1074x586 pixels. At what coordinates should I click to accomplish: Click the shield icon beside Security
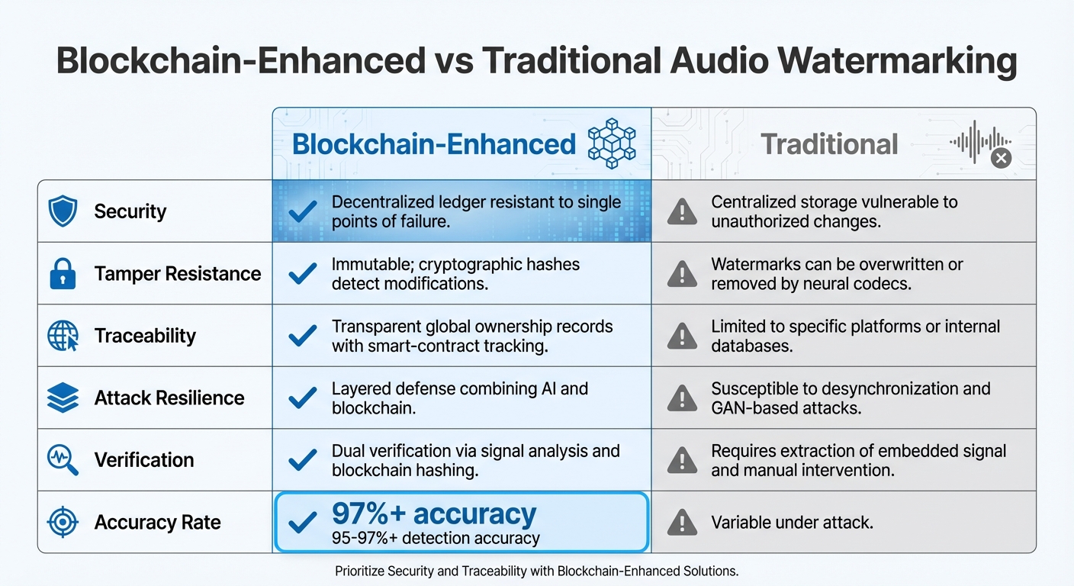[63, 211]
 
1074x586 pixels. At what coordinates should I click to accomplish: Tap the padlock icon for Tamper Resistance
[63, 274]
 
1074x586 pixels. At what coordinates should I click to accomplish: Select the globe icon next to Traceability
[63, 336]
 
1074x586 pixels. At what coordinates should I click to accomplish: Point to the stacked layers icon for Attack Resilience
[63, 398]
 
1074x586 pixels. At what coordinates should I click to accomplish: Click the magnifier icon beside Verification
[63, 460]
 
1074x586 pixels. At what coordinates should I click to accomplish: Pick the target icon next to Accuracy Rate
[63, 522]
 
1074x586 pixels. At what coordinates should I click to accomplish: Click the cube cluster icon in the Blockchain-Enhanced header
[612, 143]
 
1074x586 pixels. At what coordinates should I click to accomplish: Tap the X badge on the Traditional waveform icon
[1001, 158]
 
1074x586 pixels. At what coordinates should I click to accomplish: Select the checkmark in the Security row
[303, 211]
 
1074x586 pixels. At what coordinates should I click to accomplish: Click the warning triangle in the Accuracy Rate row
[682, 523]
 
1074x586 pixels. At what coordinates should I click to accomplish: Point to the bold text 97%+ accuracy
[434, 514]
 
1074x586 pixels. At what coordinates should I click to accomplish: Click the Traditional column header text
[829, 144]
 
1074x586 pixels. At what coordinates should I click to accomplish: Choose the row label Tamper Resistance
[177, 274]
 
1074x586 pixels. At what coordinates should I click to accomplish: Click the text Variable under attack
[792, 523]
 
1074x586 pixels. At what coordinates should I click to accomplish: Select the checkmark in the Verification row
[303, 460]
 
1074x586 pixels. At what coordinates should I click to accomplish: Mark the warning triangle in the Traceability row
[682, 336]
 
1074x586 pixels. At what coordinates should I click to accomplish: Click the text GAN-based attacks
[786, 407]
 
